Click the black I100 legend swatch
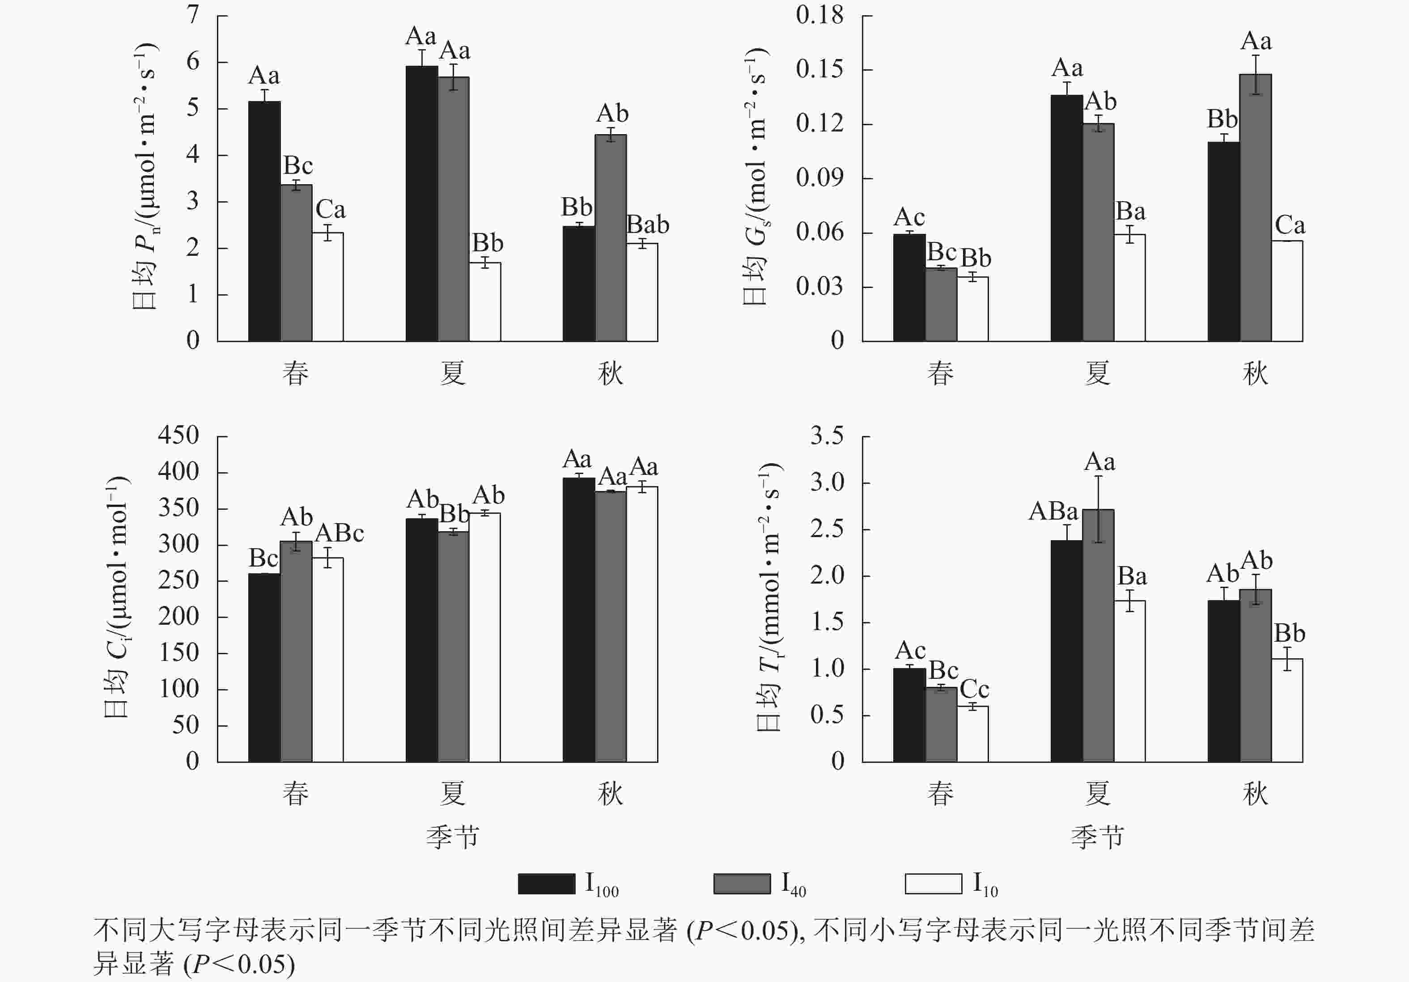[546, 883]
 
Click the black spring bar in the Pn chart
[264, 221]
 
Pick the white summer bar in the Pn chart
[485, 302]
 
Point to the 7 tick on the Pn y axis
[193, 15]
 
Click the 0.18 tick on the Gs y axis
[819, 15]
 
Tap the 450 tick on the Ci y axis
[178, 436]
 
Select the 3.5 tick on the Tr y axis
[827, 436]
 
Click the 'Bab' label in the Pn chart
[647, 224]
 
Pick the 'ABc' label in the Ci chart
[340, 533]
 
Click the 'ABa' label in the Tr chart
[1053, 511]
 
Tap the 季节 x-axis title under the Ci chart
[452, 837]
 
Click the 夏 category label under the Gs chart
[1097, 373]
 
